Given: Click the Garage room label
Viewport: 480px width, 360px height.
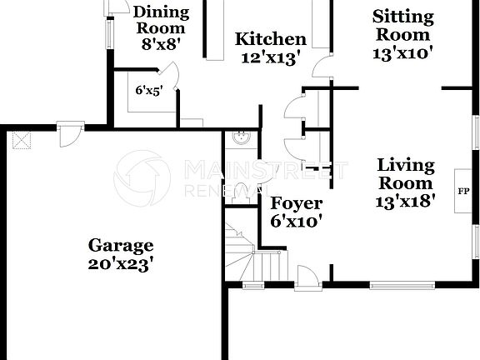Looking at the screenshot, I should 121,245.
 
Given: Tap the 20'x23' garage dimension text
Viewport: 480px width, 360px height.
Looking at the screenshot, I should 121,264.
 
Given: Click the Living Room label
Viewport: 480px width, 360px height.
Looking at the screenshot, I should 405,173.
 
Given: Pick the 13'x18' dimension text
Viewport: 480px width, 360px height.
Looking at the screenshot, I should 405,202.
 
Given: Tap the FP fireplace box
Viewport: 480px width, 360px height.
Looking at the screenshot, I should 463,191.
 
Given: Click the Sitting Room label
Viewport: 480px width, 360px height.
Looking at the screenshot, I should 403,25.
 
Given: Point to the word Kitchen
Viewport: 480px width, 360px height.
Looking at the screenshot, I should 271,39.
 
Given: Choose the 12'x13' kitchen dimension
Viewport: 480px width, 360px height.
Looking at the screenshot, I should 271,58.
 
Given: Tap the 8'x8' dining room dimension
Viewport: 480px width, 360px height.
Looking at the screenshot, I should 161,45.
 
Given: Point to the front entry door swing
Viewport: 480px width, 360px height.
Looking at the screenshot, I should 307,276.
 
